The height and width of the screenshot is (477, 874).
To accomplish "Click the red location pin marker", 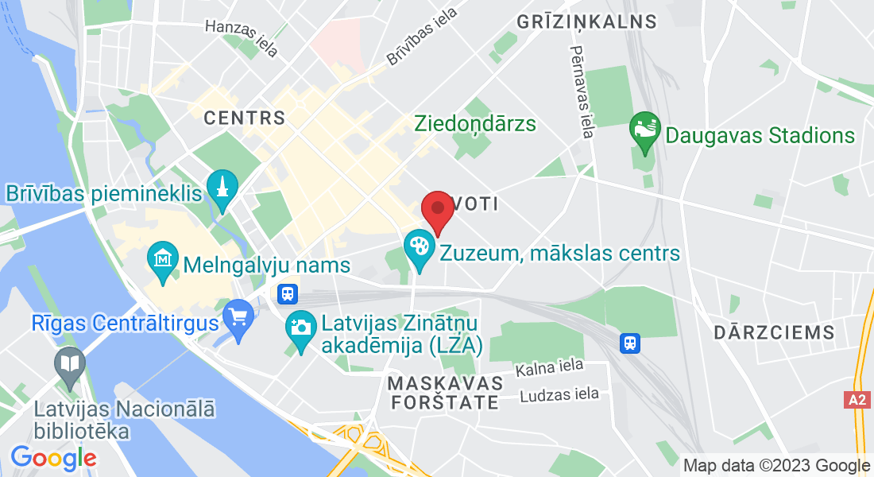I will click(437, 211).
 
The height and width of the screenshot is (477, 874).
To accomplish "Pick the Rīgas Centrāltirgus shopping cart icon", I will click(238, 317).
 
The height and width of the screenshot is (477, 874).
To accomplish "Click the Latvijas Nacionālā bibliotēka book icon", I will click(71, 365).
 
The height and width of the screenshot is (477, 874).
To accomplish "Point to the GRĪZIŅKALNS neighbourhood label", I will click(587, 21).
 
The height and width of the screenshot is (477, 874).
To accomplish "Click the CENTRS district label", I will click(244, 118).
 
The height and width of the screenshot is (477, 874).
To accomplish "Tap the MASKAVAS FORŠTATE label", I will click(446, 393).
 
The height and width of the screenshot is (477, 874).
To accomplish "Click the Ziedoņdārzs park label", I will click(475, 124).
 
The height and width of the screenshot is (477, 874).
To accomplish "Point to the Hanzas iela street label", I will click(242, 37).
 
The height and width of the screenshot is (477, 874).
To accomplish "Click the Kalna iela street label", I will click(549, 367).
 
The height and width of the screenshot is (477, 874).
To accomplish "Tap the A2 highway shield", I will click(857, 400).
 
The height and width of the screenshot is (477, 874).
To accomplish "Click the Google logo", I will click(53, 458).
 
